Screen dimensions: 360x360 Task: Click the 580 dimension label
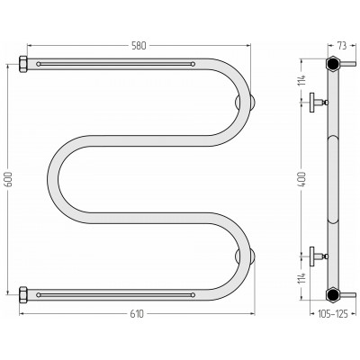click(139, 46)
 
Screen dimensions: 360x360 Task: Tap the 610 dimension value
click(137, 314)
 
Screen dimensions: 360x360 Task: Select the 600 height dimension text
click(9, 179)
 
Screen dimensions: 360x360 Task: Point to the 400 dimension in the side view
click(302, 179)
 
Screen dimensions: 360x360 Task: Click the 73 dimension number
click(342, 46)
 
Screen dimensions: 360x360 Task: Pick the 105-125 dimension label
click(333, 314)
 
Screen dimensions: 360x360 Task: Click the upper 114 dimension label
click(302, 80)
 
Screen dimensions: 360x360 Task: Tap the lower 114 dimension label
click(302, 278)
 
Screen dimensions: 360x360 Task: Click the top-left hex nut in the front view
click(23, 64)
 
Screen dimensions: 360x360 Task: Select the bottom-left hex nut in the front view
click(23, 295)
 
